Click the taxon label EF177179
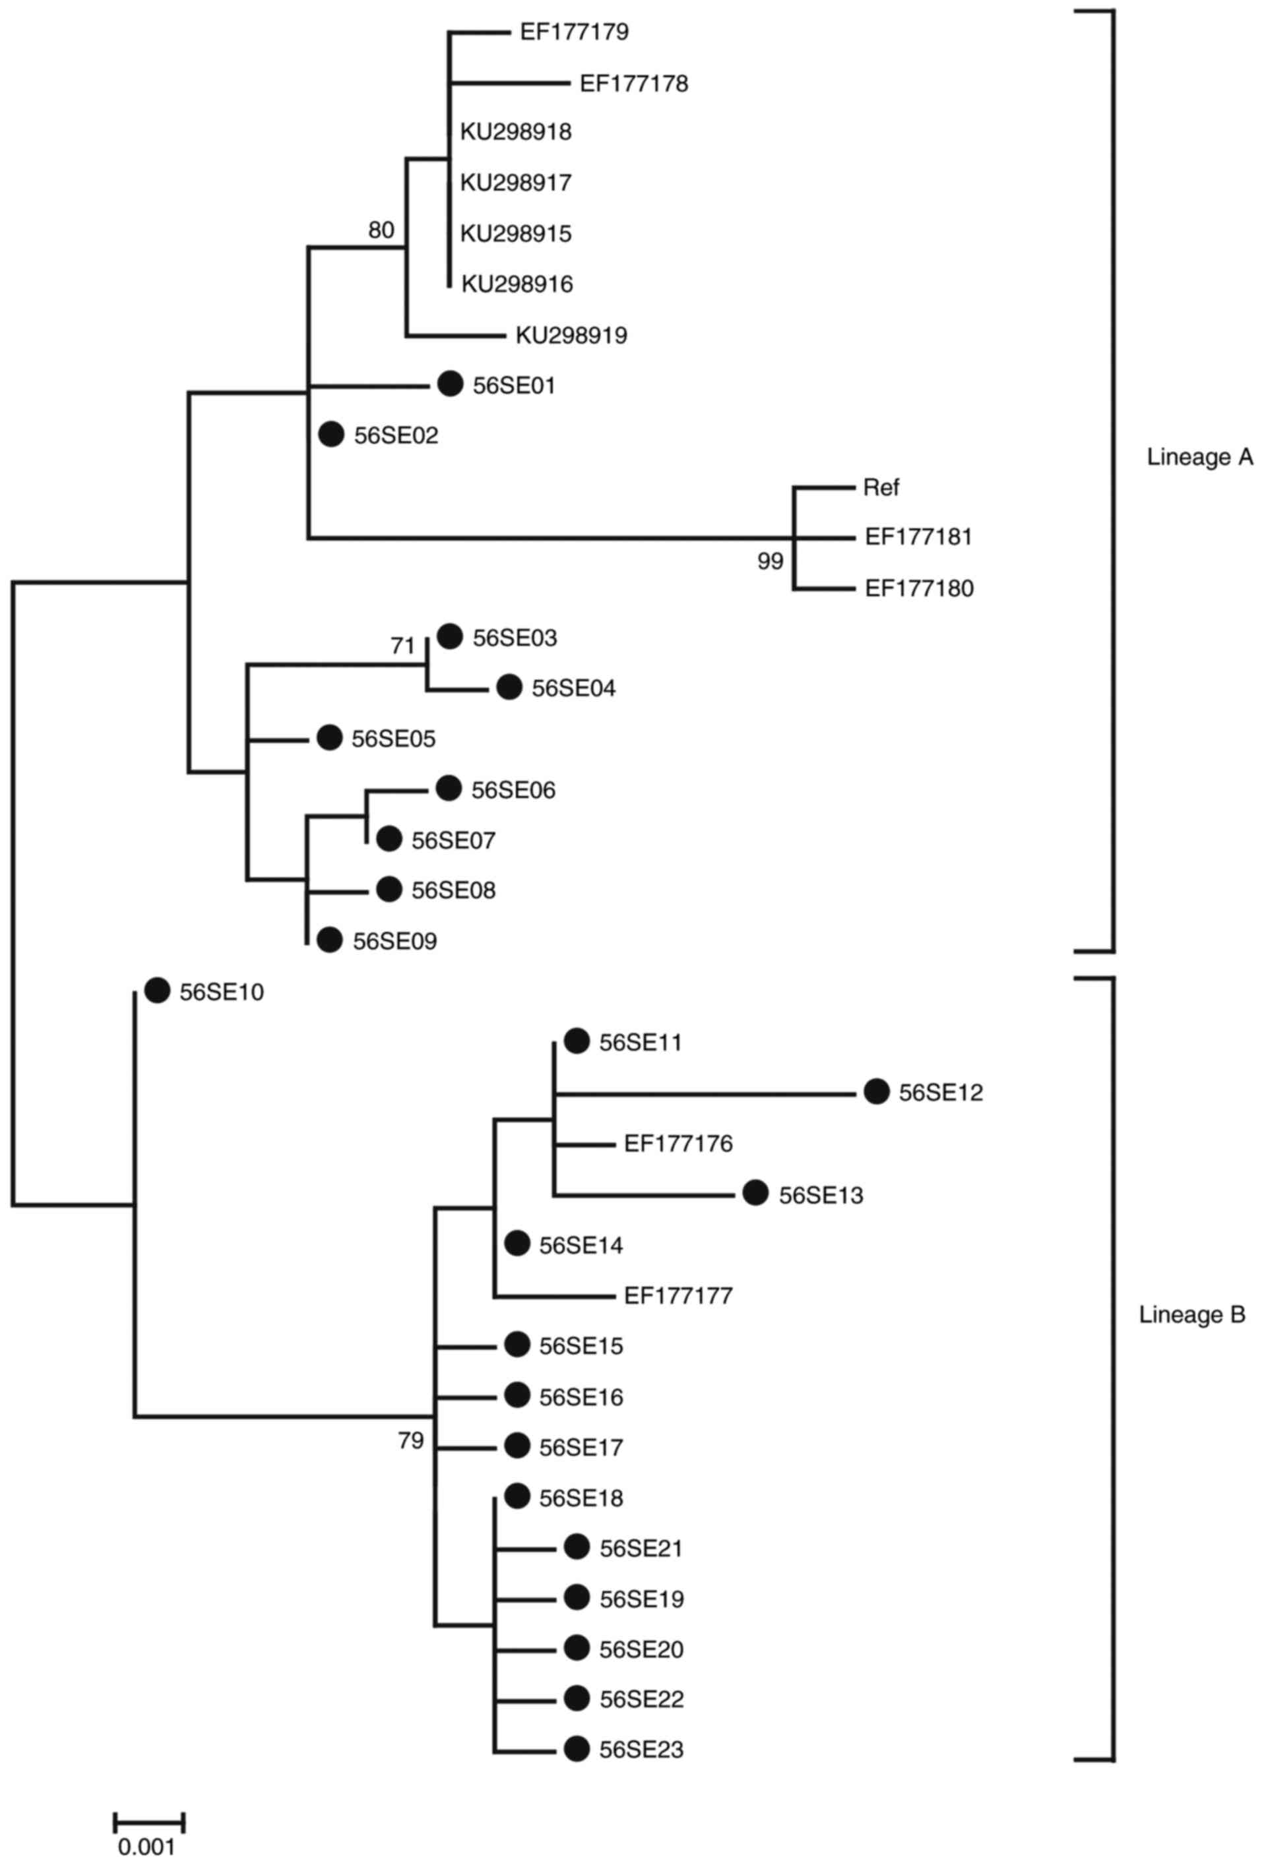(x=574, y=32)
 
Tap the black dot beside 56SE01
(x=451, y=384)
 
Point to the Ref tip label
(x=881, y=487)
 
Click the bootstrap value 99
(x=770, y=562)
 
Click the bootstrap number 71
(x=402, y=646)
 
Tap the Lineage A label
(x=1199, y=458)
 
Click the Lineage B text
(x=1192, y=1315)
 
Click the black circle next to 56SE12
(x=876, y=1092)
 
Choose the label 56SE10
(x=221, y=993)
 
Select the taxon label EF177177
(x=678, y=1295)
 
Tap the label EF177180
(x=919, y=589)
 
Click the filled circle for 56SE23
(x=577, y=1749)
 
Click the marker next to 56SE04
(x=509, y=687)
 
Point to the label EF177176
(x=678, y=1143)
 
